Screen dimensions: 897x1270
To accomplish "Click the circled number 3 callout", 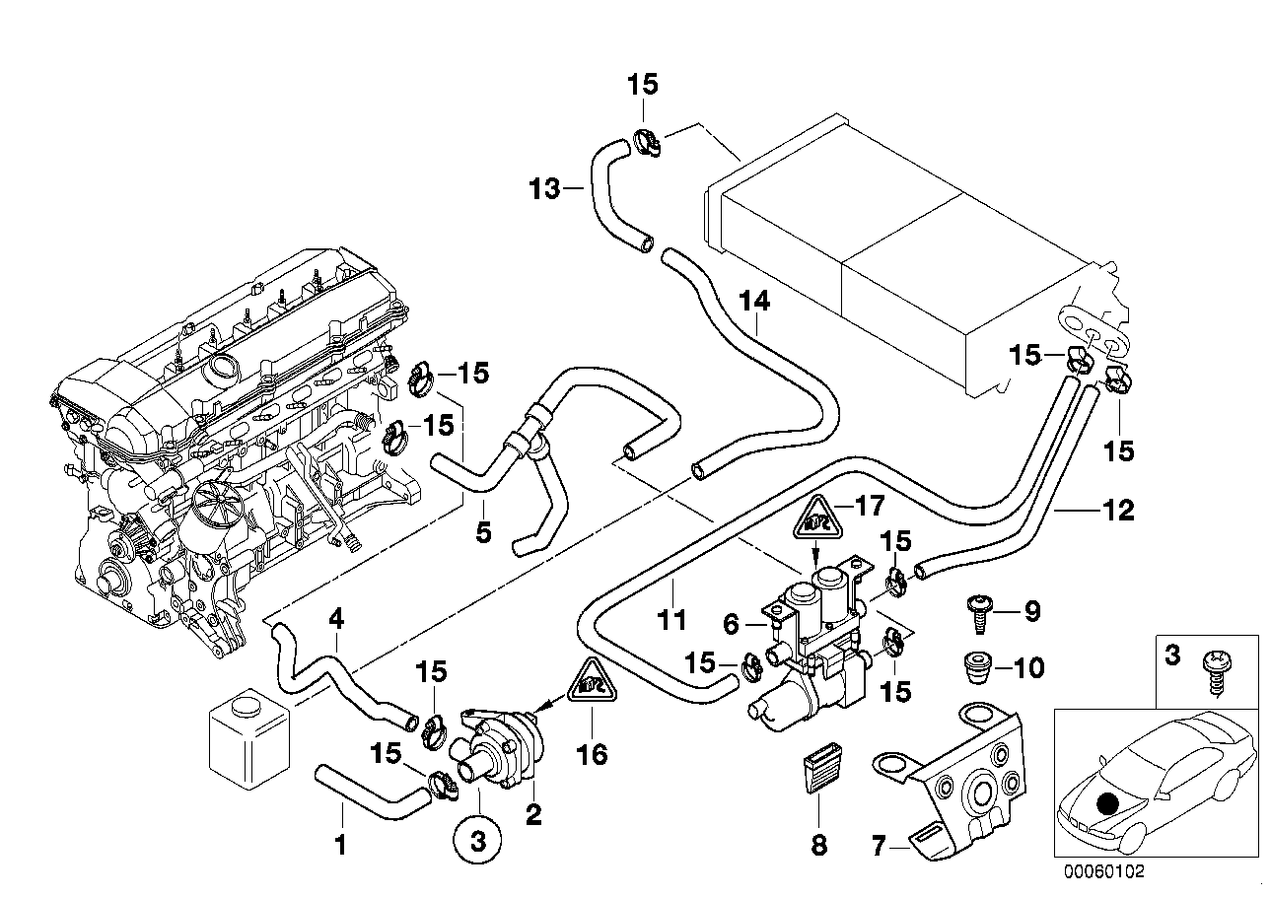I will [x=477, y=843].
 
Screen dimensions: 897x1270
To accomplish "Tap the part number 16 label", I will [x=593, y=755].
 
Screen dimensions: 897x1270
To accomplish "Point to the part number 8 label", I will [x=820, y=844].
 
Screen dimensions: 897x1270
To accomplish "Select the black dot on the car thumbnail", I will [x=1109, y=803].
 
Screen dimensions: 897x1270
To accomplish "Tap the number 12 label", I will [x=1119, y=511].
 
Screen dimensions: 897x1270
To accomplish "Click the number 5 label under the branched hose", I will [x=483, y=531].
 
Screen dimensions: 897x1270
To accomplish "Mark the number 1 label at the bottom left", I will [x=341, y=844].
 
